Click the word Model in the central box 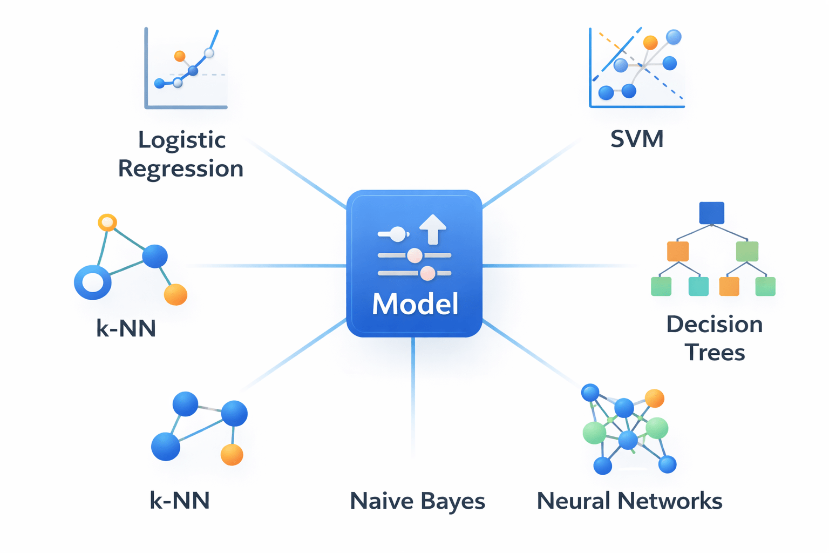tap(415, 304)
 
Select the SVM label tap(637, 139)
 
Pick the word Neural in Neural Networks tap(573, 501)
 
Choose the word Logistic tap(182, 140)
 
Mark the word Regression tap(181, 169)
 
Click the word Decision tap(715, 324)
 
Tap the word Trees tap(715, 353)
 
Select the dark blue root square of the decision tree tap(711, 213)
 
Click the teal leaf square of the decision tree tap(698, 286)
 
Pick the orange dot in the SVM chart tap(650, 42)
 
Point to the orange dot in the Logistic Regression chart tap(180, 56)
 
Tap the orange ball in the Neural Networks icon tap(655, 398)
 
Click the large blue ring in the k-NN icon tap(93, 282)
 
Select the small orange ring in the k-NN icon tap(107, 222)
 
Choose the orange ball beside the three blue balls tap(232, 454)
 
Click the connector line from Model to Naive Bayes tap(413, 400)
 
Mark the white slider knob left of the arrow tap(398, 234)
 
